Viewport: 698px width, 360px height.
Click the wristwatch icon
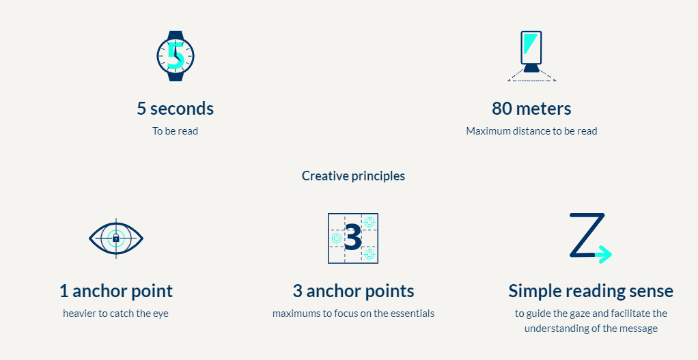(x=176, y=55)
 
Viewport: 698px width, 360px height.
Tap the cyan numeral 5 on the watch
(x=176, y=56)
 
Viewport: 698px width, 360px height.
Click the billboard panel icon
(x=531, y=56)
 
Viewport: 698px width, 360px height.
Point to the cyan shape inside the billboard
(x=529, y=42)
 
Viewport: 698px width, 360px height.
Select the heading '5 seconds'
(x=176, y=109)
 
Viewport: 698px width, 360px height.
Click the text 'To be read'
(x=176, y=131)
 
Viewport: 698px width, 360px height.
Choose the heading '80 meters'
(x=531, y=109)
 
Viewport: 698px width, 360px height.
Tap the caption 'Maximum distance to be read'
(x=531, y=131)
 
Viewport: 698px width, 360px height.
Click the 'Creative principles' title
(x=354, y=176)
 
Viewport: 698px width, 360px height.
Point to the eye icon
(x=116, y=238)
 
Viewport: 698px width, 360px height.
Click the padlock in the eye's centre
(x=115, y=238)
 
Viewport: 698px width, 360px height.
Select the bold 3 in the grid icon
(x=353, y=238)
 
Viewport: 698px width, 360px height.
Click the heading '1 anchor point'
(x=116, y=291)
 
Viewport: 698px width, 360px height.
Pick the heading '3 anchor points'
(x=354, y=291)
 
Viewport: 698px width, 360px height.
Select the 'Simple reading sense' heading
(x=591, y=291)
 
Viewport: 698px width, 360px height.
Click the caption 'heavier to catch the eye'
(x=115, y=314)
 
